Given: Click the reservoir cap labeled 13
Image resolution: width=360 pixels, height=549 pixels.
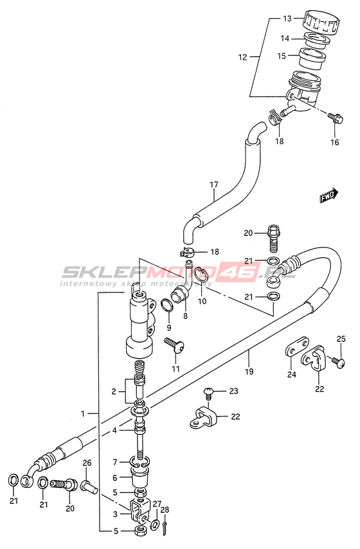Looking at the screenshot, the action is [321, 22].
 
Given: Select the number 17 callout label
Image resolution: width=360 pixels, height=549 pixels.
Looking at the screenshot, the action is [213, 184].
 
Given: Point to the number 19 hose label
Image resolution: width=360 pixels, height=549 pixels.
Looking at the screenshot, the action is [249, 371].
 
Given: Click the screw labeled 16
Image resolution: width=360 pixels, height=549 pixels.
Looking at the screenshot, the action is [336, 118].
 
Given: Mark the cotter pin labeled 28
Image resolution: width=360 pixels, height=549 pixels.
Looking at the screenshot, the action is [165, 528].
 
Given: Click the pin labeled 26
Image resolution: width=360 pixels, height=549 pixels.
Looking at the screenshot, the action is [89, 487].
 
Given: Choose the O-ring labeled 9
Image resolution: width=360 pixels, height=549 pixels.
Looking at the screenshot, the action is [167, 305].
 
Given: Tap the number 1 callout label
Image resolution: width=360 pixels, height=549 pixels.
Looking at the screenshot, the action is [83, 414].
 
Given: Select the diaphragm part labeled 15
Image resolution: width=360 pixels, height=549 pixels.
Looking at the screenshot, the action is [312, 58].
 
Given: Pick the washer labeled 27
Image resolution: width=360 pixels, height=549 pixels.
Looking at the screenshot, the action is [154, 525].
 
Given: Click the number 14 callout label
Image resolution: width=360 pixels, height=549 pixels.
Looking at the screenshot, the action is [285, 39].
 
